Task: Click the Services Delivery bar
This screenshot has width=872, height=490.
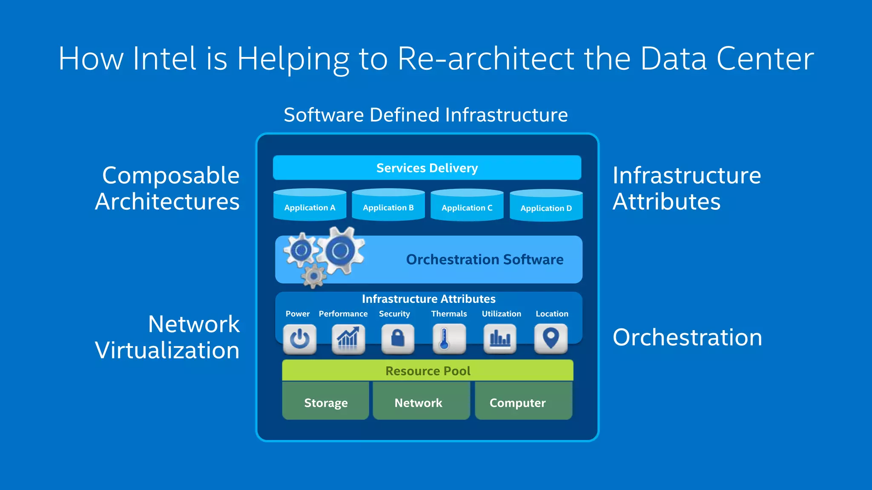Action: click(427, 168)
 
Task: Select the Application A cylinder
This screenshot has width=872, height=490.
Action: click(310, 205)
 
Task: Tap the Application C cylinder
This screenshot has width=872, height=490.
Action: click(467, 206)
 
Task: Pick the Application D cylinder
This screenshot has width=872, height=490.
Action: click(546, 206)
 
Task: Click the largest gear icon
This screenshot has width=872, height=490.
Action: click(340, 251)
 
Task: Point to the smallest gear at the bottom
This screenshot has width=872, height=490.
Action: click(314, 276)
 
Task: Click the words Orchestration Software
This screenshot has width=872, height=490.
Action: click(485, 259)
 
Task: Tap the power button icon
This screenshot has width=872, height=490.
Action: click(300, 339)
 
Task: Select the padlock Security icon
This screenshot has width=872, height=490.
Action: click(398, 339)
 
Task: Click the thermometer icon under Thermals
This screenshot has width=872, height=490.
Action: click(449, 339)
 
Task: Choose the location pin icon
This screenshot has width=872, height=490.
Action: click(551, 339)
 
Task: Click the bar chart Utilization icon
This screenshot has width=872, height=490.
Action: click(500, 339)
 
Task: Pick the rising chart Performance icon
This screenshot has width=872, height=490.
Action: click(348, 339)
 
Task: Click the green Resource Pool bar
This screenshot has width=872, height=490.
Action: click(427, 370)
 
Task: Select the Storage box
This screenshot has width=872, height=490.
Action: click(326, 402)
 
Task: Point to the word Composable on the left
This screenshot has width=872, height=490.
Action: click(171, 176)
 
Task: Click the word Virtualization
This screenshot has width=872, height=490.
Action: click(167, 350)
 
